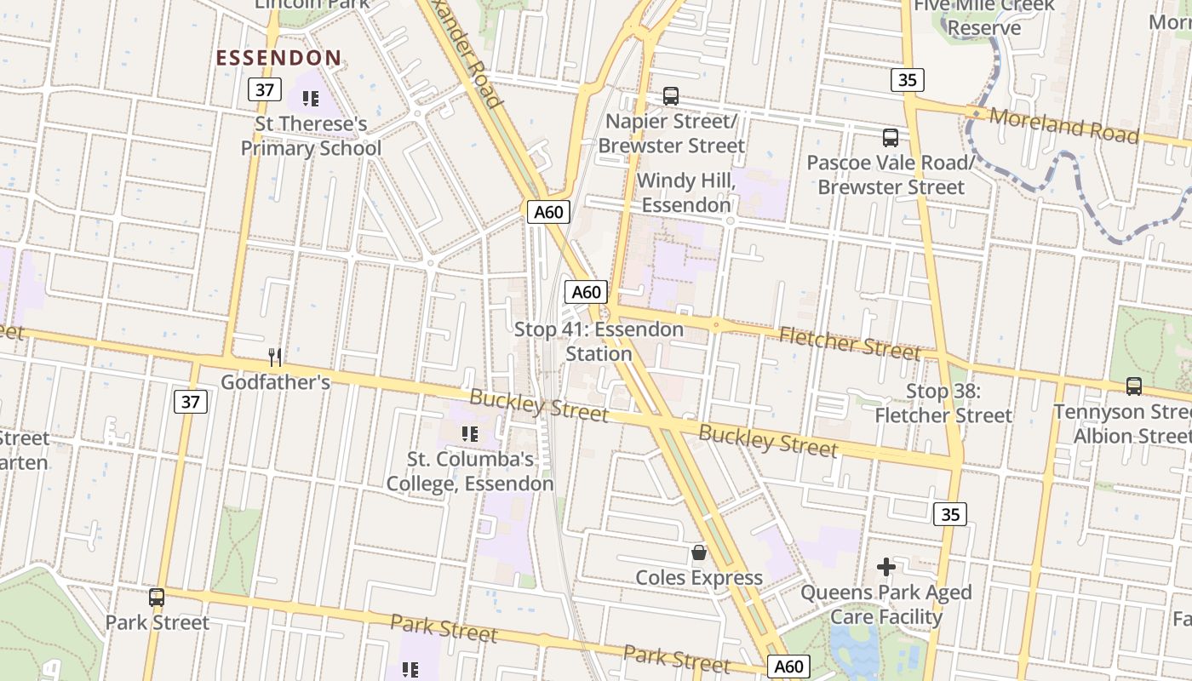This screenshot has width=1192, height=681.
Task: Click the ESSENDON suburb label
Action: click(278, 58)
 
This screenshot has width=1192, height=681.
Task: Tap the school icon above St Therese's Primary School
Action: click(311, 99)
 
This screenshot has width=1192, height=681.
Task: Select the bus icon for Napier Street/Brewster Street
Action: click(671, 96)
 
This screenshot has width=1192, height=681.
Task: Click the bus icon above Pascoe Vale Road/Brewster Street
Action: click(891, 137)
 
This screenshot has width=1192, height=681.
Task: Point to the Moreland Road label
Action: click(1063, 125)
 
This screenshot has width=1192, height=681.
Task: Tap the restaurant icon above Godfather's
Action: click(274, 357)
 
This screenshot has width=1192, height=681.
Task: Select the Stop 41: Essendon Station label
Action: click(599, 340)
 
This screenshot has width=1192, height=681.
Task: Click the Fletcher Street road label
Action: click(849, 343)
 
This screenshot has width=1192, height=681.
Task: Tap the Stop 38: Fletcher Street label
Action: click(943, 403)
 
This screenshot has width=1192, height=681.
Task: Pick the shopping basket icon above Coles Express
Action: click(699, 552)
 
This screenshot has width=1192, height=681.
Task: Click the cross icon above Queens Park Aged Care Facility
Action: click(886, 566)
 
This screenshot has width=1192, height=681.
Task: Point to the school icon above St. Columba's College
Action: click(469, 434)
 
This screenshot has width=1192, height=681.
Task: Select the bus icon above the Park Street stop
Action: click(157, 597)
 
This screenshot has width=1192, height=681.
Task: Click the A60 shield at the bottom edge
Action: click(788, 667)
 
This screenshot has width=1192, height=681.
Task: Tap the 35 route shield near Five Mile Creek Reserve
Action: click(908, 80)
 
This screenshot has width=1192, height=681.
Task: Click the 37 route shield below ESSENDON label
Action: click(264, 89)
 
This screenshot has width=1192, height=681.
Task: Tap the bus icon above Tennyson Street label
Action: click(1134, 386)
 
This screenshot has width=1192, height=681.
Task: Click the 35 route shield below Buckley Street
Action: click(950, 514)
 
